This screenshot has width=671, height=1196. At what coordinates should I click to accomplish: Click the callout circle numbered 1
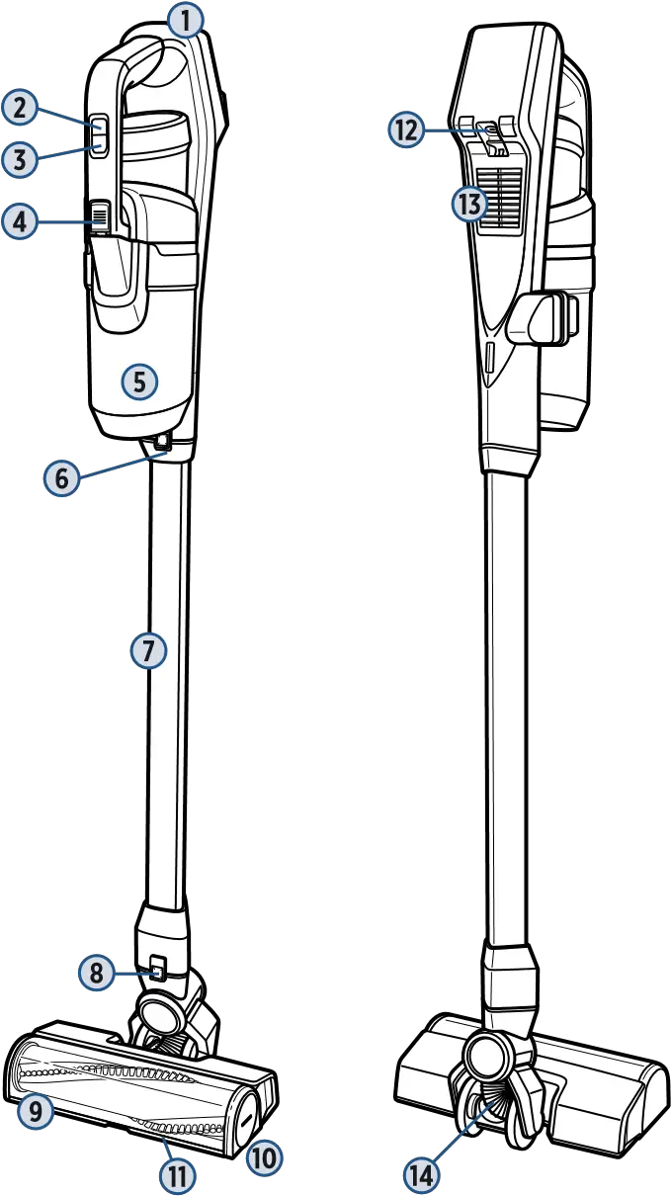(185, 18)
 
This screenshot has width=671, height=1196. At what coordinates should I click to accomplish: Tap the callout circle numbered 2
(19, 108)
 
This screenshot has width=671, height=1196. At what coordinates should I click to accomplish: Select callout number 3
(19, 159)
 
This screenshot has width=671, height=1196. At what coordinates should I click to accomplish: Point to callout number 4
(20, 220)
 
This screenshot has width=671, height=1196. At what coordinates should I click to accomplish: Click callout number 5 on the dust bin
(139, 380)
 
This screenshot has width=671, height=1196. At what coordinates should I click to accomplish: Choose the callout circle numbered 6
(61, 478)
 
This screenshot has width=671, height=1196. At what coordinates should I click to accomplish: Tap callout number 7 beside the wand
(148, 650)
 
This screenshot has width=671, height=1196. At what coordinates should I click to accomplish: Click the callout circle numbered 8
(96, 973)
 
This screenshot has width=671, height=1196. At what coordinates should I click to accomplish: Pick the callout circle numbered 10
(263, 1157)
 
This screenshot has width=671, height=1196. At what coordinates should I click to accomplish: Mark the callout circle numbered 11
(179, 1175)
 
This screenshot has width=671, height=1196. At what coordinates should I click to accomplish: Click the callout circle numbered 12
(406, 129)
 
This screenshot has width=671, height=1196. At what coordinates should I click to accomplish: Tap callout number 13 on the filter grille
(471, 205)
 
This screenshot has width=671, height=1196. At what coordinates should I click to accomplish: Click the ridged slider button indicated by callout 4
(99, 214)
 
